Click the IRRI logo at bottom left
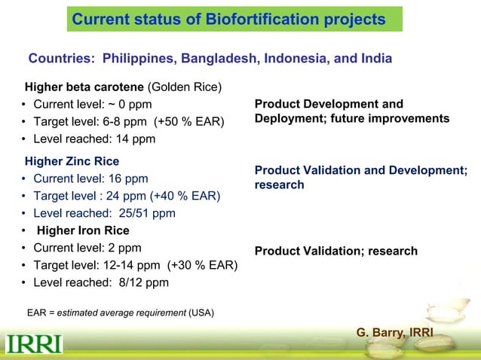point(35,345)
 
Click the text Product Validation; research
point(335,251)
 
